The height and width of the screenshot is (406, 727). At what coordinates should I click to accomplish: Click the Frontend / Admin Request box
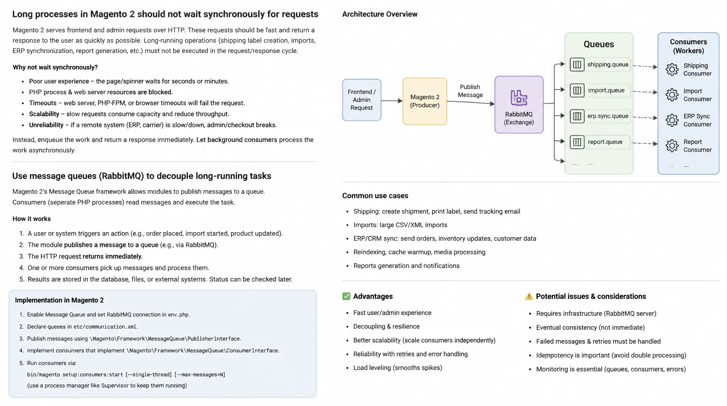click(x=362, y=100)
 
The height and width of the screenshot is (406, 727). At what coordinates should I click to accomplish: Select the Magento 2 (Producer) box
click(x=425, y=101)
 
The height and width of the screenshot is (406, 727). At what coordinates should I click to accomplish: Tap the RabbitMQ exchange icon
click(x=519, y=98)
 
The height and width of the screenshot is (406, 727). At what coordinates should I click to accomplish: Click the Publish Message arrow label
click(x=470, y=91)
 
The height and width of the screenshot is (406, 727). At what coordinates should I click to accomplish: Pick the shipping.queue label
click(x=608, y=64)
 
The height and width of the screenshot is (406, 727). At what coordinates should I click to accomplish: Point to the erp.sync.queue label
click(x=608, y=116)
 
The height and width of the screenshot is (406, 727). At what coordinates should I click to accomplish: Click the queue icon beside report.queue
click(x=577, y=142)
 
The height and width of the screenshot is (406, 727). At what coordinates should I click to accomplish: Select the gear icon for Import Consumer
click(x=672, y=95)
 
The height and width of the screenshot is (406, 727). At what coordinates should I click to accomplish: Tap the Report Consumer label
click(x=697, y=146)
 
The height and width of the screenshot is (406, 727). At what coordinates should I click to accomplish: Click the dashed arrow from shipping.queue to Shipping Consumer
click(x=645, y=66)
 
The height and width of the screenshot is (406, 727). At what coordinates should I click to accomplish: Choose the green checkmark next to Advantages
click(x=346, y=296)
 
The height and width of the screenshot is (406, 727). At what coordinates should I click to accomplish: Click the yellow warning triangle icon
click(x=529, y=297)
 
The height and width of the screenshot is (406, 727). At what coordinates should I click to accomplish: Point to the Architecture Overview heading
click(x=380, y=14)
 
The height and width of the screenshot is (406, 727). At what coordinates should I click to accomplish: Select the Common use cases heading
click(x=375, y=196)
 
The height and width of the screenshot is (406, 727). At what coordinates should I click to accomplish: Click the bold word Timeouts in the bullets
click(x=43, y=103)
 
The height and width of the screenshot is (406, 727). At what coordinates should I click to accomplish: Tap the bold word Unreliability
click(x=46, y=125)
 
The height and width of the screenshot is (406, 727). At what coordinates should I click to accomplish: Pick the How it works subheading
click(x=31, y=219)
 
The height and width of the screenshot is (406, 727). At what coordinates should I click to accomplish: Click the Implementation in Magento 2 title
click(x=59, y=300)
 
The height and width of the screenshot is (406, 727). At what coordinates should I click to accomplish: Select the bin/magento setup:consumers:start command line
click(x=126, y=375)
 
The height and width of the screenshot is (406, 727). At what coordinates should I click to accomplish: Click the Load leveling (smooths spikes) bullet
click(x=398, y=368)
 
